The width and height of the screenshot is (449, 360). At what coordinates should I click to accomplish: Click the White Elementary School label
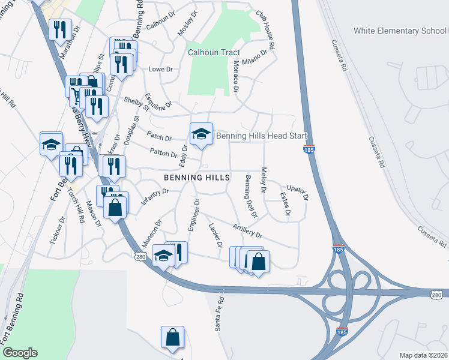[400, 31]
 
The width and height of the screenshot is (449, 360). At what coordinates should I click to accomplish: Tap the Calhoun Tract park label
[214, 52]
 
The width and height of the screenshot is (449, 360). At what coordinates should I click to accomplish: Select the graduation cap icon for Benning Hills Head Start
[202, 135]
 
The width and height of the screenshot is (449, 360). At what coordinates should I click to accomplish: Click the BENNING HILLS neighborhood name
[197, 178]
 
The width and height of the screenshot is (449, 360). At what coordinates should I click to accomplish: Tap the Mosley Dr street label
[187, 22]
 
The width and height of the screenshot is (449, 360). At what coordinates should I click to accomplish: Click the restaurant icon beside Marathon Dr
[60, 30]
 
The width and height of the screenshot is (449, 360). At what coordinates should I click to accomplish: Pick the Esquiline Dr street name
[158, 100]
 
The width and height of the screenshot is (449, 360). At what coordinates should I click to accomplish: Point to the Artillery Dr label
[247, 232]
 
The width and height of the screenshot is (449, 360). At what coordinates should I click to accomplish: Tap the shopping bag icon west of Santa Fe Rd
[172, 338]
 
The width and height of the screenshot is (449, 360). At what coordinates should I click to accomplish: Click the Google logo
[19, 352]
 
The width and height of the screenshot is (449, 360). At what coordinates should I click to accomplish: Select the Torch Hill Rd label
[76, 206]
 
